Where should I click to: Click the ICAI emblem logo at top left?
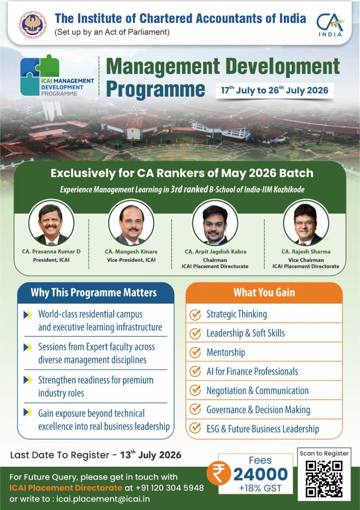(32, 25)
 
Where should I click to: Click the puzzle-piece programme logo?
(40, 75)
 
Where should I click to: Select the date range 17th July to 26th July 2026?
(275, 90)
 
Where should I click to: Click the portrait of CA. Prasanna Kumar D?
(51, 223)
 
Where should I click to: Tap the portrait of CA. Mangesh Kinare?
(131, 223)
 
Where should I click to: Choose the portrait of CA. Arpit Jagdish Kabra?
(215, 223)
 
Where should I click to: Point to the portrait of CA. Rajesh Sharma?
(306, 223)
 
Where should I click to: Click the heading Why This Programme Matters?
(94, 292)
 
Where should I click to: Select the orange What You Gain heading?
(264, 292)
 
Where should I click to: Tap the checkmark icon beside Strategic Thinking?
(195, 315)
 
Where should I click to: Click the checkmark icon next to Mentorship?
(195, 352)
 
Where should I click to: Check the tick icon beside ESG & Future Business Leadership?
(195, 428)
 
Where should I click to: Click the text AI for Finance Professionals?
(252, 372)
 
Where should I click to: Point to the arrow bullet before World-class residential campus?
(28, 315)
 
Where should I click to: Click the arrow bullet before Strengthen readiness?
(28, 380)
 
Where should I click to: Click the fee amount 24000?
(260, 474)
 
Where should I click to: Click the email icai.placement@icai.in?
(103, 499)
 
